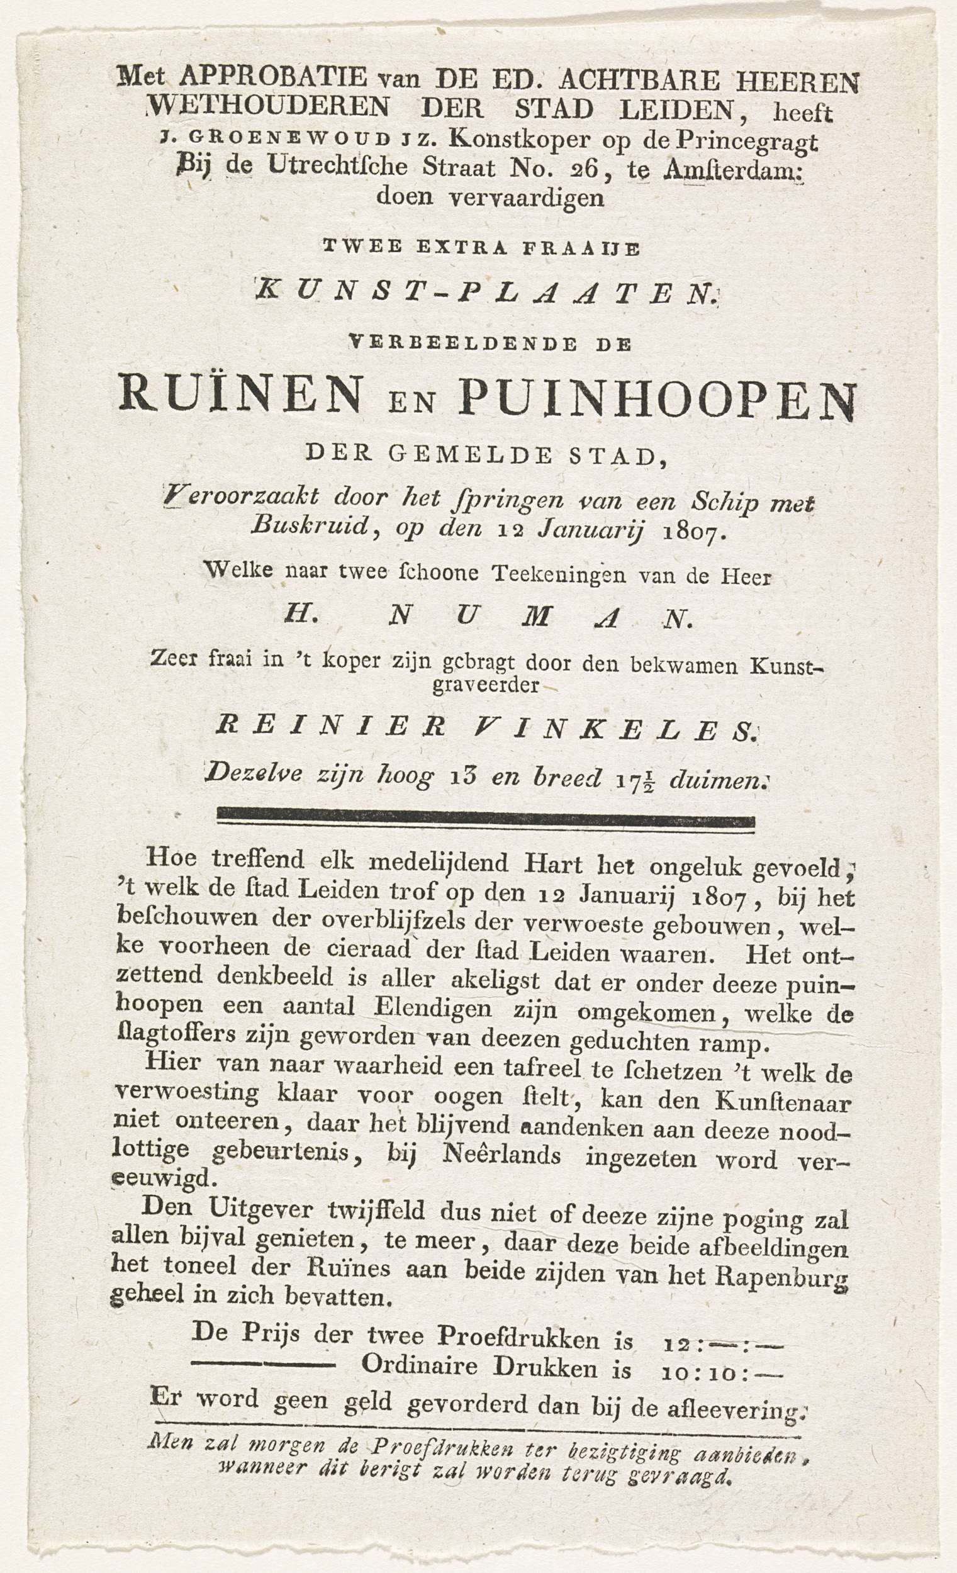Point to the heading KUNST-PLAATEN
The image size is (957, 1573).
click(x=486, y=295)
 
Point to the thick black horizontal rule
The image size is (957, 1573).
click(x=486, y=819)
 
